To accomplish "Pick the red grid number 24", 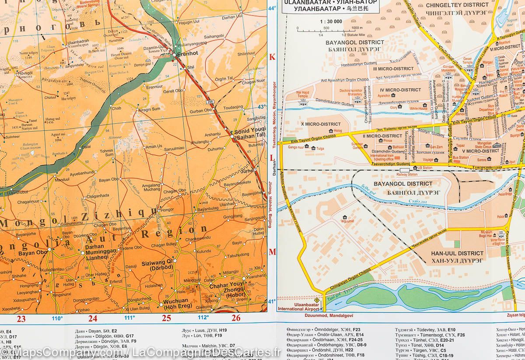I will tap(93, 318).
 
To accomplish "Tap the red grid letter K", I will tap(272, 57).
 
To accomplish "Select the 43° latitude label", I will tap(261, 107).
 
